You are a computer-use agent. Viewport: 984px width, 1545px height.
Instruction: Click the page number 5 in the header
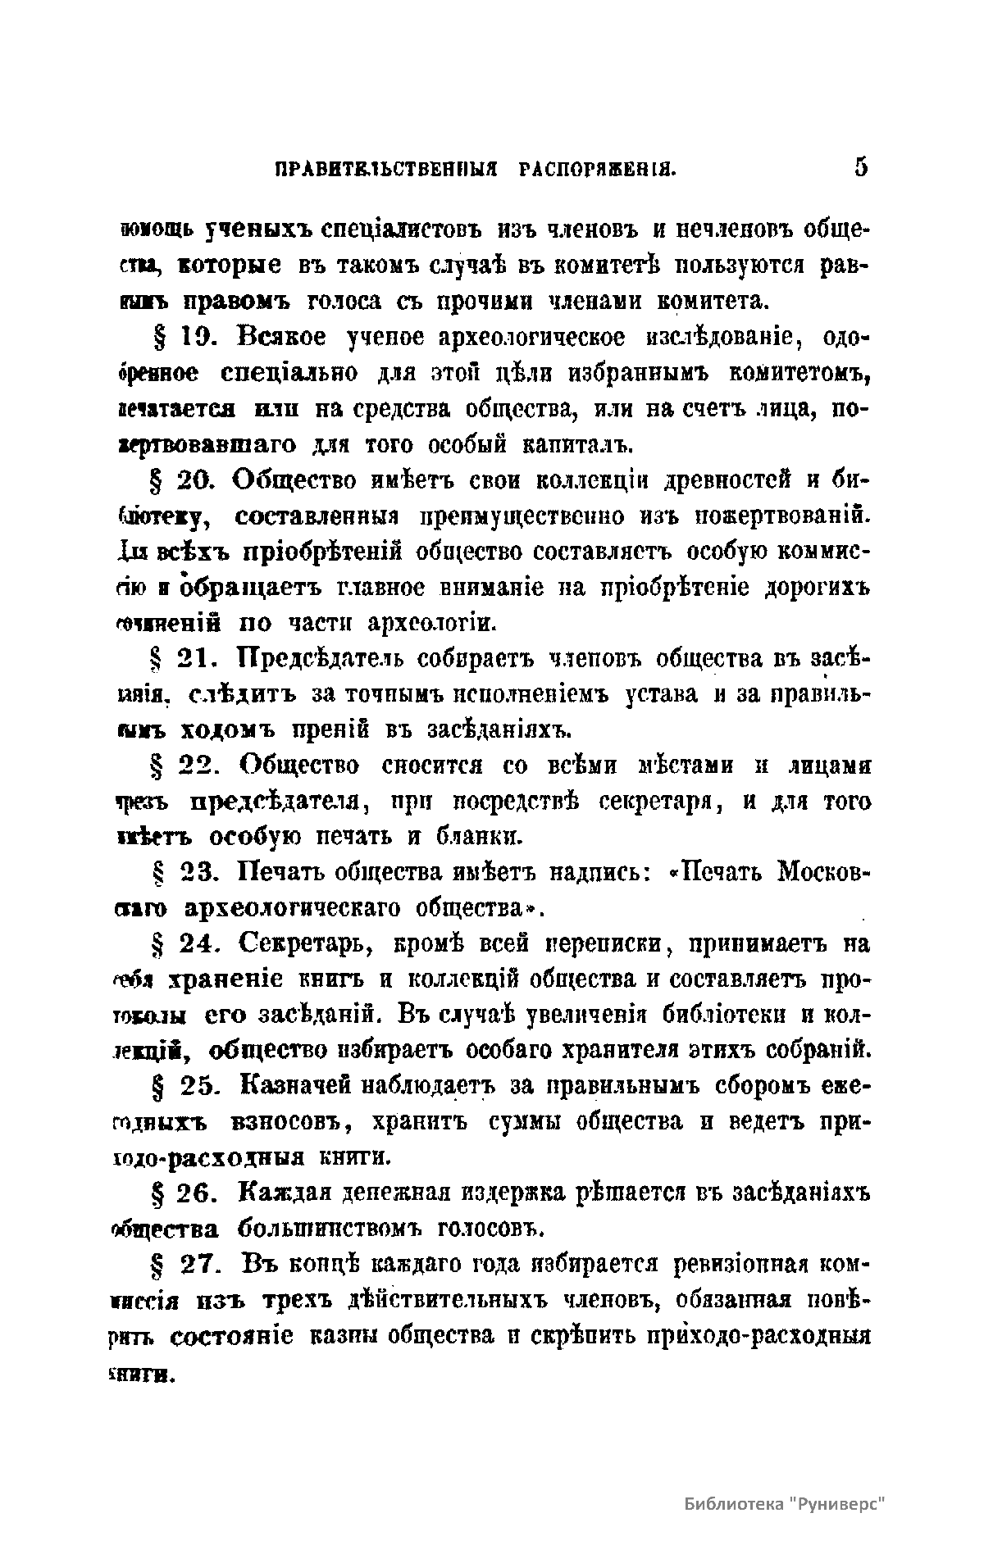tap(860, 167)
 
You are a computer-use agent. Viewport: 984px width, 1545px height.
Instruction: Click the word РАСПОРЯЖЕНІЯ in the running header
tap(597, 170)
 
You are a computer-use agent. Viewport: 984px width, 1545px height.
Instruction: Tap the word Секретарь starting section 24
tap(309, 945)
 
